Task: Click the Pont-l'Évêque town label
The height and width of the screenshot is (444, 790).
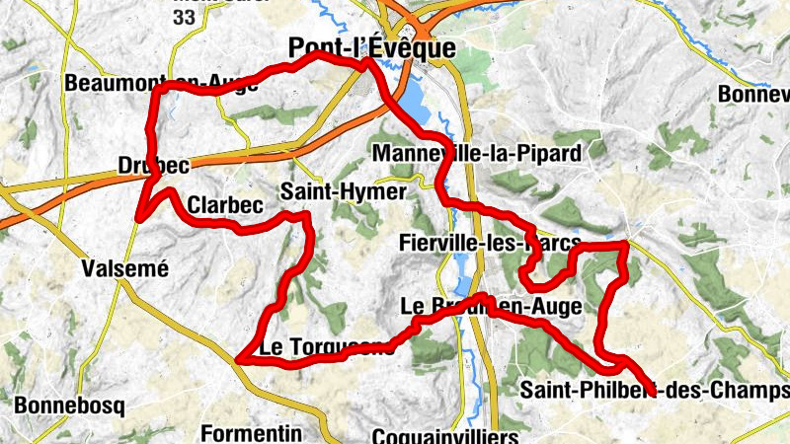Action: coord(371,48)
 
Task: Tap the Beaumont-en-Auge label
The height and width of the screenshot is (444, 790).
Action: coord(161,84)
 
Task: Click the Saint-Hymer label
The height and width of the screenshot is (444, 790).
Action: coord(343,191)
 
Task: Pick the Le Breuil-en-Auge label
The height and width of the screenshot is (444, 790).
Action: coord(491,306)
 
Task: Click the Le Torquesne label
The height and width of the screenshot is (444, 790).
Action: coord(326,347)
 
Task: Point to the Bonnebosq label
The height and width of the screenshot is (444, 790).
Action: coord(68,406)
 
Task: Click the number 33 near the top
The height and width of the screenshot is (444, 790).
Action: coord(184,17)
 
